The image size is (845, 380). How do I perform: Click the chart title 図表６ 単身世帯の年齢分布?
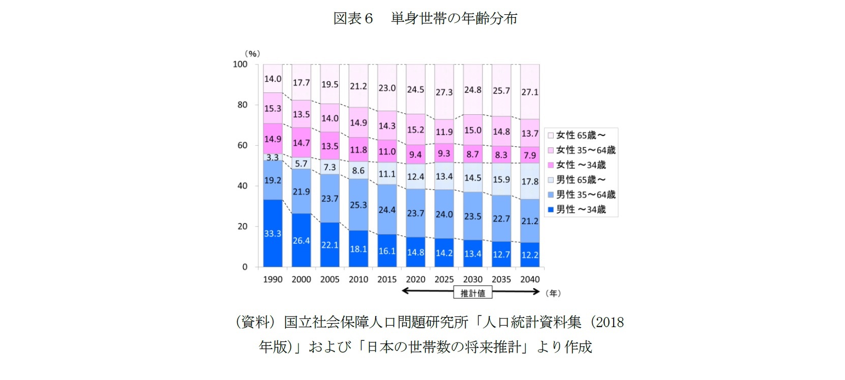tap(425, 19)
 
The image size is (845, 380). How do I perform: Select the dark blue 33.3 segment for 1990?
tap(273, 233)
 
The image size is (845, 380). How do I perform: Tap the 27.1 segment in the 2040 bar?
tap(530, 92)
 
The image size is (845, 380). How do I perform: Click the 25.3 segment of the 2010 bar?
tap(358, 205)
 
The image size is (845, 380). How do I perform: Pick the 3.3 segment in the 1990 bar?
tap(273, 157)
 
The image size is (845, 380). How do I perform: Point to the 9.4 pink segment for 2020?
tap(415, 154)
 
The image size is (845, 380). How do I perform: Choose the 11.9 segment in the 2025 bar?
tap(444, 132)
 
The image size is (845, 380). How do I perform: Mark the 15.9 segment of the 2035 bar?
tap(501, 179)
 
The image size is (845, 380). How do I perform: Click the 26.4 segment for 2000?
tap(301, 240)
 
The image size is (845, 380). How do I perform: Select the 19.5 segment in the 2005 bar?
tap(329, 84)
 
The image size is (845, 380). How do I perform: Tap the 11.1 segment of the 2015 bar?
tap(387, 174)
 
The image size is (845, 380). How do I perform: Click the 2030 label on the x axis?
tap(473, 279)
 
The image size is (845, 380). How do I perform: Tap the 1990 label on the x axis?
tap(273, 279)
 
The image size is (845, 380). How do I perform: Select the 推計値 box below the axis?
tap(473, 293)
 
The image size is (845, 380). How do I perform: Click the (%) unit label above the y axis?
tap(252, 53)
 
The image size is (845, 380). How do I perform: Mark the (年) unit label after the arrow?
tap(553, 293)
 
